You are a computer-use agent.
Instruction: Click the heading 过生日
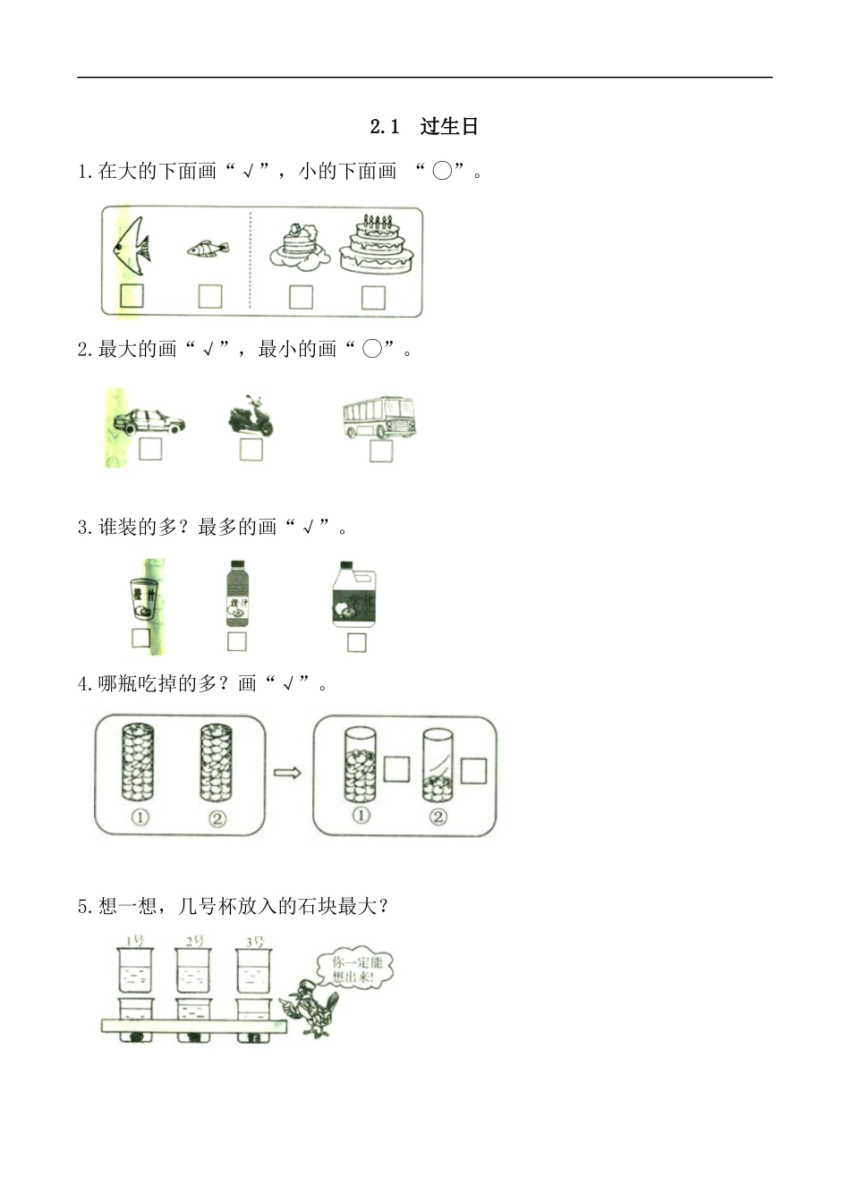[449, 126]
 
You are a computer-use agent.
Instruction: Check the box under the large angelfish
[132, 295]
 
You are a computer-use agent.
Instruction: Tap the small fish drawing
[208, 247]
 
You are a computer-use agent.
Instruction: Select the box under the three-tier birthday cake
[373, 297]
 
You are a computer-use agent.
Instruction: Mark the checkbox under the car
[150, 448]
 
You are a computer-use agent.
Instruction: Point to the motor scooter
[251, 417]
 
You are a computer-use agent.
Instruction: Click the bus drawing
[379, 417]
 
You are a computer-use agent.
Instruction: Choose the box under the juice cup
[140, 638]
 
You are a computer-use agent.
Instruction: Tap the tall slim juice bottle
[237, 594]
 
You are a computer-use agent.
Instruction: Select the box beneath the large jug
[356, 642]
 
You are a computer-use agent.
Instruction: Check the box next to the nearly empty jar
[473, 770]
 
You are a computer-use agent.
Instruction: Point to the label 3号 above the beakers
[255, 941]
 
